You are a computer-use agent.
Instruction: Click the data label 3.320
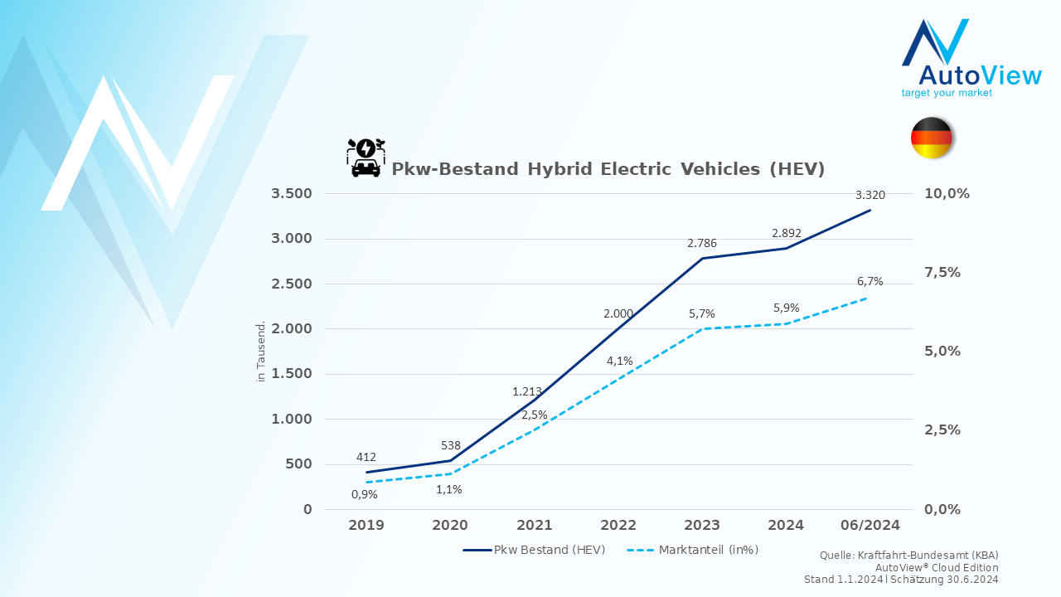tap(870, 195)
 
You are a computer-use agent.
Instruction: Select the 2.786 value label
tap(702, 243)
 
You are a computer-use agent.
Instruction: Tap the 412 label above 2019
tap(366, 457)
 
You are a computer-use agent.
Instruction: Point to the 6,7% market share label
tap(870, 281)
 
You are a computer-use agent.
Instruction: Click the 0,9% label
tap(364, 495)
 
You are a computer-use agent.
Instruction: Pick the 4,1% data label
tap(619, 361)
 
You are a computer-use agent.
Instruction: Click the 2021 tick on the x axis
tap(535, 525)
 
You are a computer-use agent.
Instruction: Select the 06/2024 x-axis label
tap(870, 525)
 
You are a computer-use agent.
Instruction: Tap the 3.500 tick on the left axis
tap(291, 193)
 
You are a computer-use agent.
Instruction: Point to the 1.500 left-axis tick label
tap(291, 373)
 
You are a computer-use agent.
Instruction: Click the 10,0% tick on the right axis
tap(947, 193)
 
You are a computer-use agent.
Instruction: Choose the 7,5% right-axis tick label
tap(942, 273)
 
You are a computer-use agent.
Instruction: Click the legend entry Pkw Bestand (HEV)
tap(535, 550)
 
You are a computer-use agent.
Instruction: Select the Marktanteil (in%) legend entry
tap(692, 550)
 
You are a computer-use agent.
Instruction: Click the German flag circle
tap(931, 138)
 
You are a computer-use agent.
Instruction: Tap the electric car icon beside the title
tap(366, 158)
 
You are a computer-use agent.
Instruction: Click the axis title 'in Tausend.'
tap(260, 352)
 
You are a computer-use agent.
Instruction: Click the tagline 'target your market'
tap(947, 93)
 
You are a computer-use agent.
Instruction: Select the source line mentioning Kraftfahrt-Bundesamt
tap(909, 556)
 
